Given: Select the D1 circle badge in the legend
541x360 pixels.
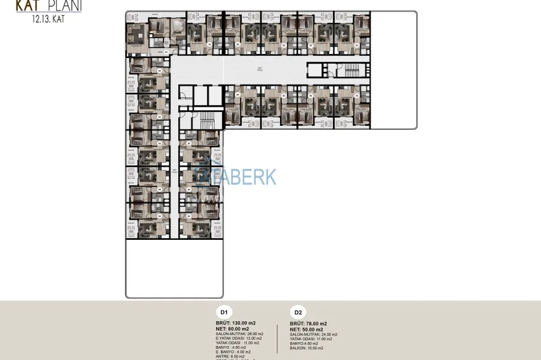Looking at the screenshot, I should click(224, 312).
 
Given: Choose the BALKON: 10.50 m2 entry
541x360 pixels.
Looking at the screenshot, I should click(307, 348).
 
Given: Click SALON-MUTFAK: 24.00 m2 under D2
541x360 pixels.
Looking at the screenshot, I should click(314, 335).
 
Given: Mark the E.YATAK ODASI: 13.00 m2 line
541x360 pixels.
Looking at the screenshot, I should click(239, 338).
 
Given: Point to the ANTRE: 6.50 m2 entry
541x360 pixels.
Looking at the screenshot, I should click(230, 356).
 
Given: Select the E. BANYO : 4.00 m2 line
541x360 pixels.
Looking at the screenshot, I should click(235, 352).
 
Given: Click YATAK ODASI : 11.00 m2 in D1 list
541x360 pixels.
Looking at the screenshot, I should click(239, 343).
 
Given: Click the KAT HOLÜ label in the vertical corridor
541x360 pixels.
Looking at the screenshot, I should click(174, 171).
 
